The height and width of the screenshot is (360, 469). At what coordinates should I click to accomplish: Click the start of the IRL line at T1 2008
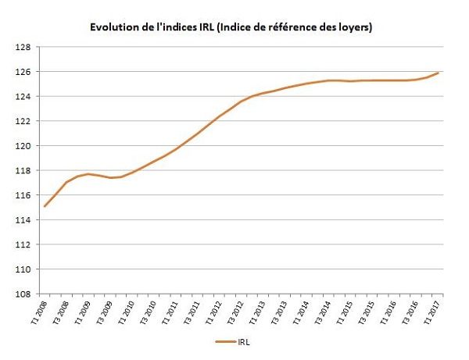[45, 206]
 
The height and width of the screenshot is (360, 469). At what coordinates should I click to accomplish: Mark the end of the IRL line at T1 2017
[437, 73]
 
